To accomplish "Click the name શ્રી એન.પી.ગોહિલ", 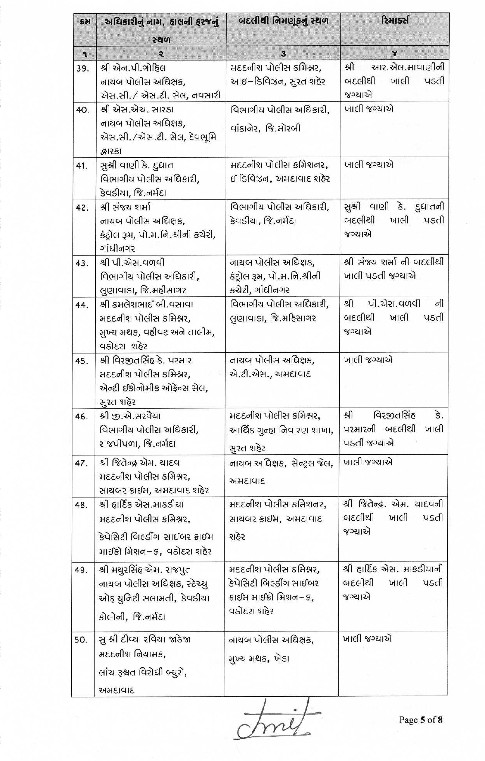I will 133,68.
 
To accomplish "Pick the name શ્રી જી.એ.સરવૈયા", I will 130,416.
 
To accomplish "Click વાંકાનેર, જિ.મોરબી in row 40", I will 265,128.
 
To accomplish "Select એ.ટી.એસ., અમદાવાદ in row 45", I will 270,374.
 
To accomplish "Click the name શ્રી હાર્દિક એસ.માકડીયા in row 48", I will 141,505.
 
